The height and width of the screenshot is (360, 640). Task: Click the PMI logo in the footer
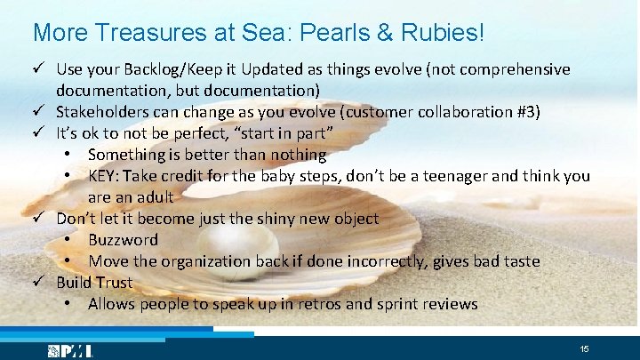[71, 350]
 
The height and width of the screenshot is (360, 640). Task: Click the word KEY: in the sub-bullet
[106, 176]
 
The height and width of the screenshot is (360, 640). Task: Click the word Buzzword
[123, 240]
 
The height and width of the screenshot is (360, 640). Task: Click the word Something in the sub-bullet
[127, 155]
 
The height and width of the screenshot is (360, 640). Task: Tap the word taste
[515, 261]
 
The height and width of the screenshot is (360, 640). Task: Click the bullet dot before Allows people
[68, 304]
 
